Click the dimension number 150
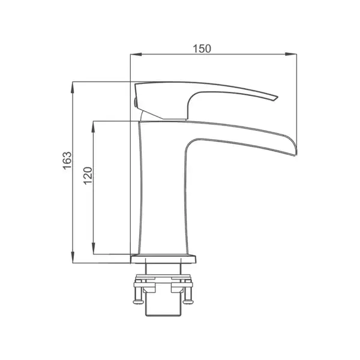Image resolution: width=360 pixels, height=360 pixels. click(202, 49)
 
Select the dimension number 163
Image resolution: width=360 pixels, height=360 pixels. click(67, 160)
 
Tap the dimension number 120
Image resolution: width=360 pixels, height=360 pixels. click(88, 176)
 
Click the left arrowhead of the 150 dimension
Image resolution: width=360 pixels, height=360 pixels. click(136, 54)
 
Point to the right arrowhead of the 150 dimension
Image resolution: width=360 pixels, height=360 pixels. click(290, 54)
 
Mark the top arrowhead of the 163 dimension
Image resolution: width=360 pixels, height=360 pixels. click(73, 87)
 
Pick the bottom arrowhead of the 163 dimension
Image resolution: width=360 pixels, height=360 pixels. click(73, 257)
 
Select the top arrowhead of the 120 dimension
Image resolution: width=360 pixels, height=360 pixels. click(93, 127)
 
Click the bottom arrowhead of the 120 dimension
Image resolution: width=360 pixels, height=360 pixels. click(93, 248)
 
